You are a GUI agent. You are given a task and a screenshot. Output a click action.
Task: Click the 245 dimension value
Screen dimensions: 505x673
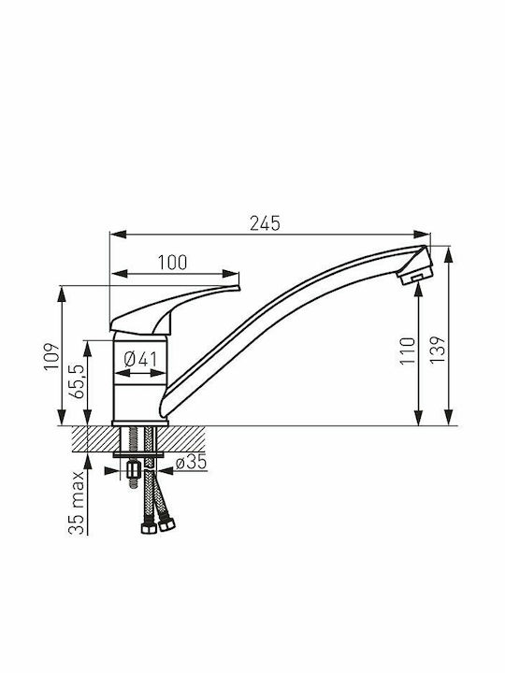tap(265, 223)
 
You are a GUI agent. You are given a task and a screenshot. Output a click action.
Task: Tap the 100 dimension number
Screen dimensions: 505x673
tap(173, 263)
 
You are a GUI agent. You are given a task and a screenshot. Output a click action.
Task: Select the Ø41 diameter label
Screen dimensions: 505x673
tap(140, 359)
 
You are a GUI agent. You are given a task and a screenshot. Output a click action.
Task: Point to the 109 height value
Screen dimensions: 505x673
tap(51, 356)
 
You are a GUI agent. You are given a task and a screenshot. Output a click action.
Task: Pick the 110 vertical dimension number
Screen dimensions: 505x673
tap(408, 351)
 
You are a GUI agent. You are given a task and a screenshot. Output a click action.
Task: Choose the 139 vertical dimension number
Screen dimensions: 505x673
tap(438, 350)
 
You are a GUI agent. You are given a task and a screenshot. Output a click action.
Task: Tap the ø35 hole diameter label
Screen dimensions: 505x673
tap(192, 462)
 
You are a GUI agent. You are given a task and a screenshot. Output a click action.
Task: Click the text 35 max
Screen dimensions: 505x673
tap(76, 502)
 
